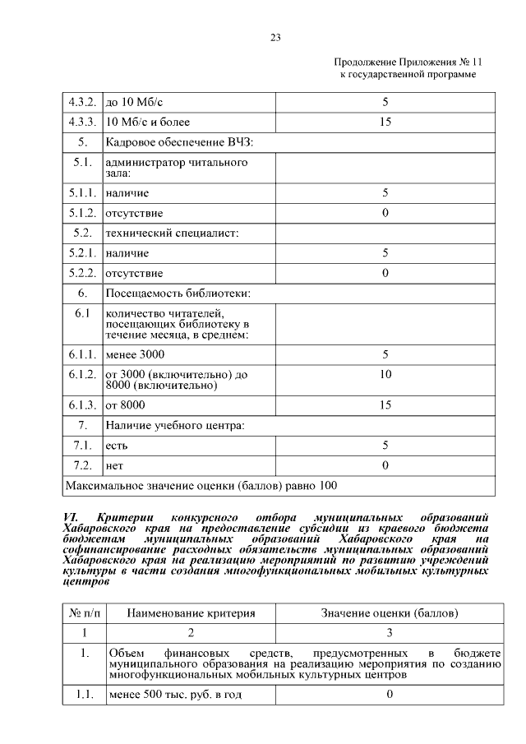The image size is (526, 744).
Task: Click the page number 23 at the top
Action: (275, 37)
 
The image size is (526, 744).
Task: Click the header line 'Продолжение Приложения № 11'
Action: (405, 62)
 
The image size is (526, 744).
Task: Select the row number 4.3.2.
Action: (82, 103)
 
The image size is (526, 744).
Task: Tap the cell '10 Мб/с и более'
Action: (148, 122)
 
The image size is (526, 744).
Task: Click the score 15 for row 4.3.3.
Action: (384, 122)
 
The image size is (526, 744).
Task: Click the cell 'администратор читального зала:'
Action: (177, 169)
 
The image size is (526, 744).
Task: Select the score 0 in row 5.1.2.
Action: (384, 213)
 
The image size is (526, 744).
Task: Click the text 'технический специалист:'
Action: (172, 233)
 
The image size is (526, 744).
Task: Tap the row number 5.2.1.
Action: (82, 253)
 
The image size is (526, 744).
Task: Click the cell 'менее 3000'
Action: (136, 354)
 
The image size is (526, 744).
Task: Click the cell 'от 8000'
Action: (126, 405)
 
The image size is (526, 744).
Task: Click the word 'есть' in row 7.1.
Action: (116, 446)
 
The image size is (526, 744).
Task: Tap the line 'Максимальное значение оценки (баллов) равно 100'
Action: (201, 486)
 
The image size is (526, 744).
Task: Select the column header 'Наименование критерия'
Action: (191, 613)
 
